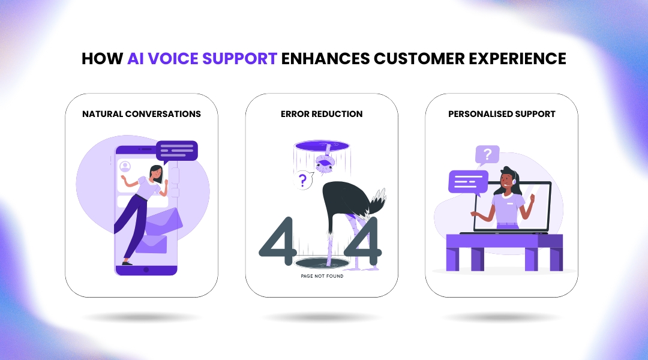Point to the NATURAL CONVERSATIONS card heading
(x=142, y=113)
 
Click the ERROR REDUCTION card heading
(x=322, y=113)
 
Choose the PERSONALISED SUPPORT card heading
(x=502, y=113)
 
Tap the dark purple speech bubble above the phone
(x=176, y=150)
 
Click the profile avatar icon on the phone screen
(x=125, y=166)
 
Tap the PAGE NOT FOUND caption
(x=322, y=277)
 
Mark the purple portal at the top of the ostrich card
(x=322, y=146)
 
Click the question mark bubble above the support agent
(x=487, y=155)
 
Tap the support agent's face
(x=509, y=179)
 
